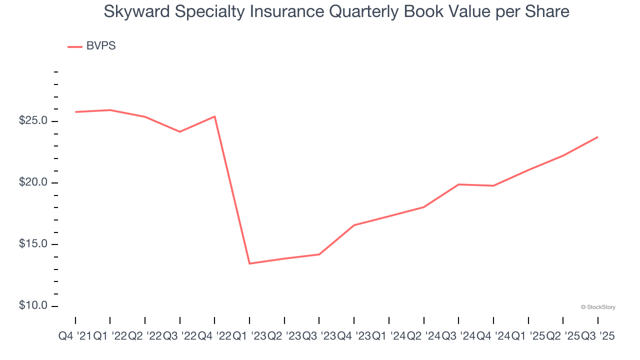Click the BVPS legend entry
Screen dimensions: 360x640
click(92, 46)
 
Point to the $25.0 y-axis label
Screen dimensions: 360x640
click(33, 121)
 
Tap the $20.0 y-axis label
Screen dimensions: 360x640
click(33, 182)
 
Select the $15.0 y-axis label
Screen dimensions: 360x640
click(33, 244)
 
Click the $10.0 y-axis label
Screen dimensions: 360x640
click(33, 305)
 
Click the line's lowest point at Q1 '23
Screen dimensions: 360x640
click(249, 263)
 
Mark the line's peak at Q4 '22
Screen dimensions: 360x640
click(214, 116)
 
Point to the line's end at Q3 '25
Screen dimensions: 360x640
click(597, 137)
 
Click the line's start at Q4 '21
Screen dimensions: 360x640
click(75, 112)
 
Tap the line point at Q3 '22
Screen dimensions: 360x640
click(179, 131)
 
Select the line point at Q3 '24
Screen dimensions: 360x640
click(458, 184)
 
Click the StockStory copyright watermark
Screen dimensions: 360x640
click(598, 307)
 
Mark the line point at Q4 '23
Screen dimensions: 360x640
click(354, 225)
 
